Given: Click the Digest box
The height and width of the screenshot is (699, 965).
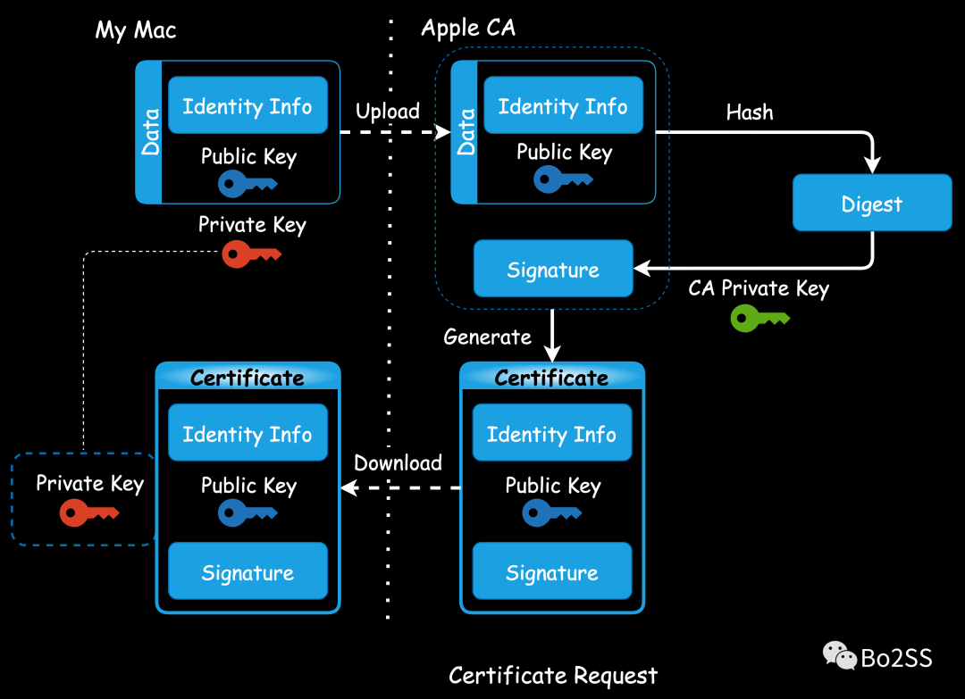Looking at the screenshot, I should point(872,204).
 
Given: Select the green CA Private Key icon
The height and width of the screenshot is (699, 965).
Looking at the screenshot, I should point(759,318).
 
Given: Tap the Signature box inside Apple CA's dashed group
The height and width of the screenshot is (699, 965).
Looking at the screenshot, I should point(553,269).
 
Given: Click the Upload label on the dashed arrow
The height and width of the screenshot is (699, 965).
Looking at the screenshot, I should point(388,112).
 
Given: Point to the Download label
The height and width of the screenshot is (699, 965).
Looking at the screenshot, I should point(398,462).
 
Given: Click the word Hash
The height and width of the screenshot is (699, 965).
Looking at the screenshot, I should point(749,112).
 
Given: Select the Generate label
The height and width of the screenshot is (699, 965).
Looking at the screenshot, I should point(487,337).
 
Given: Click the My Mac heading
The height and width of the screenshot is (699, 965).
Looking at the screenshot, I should point(136,30).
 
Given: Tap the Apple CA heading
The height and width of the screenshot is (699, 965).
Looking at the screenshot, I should point(468,28).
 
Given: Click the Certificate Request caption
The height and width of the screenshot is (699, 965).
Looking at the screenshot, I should point(552,675).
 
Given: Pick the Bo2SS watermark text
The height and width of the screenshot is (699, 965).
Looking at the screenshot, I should point(897,659).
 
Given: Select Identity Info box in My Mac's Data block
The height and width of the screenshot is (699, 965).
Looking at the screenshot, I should point(248,106).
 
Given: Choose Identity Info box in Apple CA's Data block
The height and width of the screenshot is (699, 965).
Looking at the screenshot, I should point(563,106).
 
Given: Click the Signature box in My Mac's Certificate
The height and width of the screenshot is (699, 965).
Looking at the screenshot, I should point(248,572).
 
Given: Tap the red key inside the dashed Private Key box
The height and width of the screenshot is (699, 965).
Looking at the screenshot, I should point(88,512).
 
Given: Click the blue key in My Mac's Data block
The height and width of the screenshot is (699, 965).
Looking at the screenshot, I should point(248,184).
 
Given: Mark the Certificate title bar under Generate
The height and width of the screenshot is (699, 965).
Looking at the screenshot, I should point(551,378).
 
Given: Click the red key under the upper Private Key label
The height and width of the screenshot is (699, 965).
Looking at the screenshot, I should point(251,254).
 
